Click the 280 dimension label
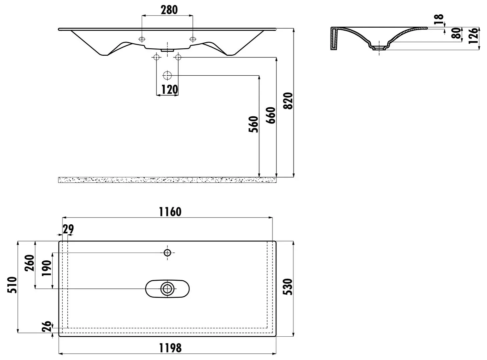tap(169, 10)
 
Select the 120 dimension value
tap(170, 89)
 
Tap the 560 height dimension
tap(253, 124)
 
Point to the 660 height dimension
tap(271, 115)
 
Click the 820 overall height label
tap(288, 101)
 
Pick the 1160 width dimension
tap(170, 212)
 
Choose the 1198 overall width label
tap(170, 348)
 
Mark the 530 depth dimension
tap(288, 287)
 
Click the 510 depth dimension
tap(12, 285)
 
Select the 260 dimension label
tap(30, 263)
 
